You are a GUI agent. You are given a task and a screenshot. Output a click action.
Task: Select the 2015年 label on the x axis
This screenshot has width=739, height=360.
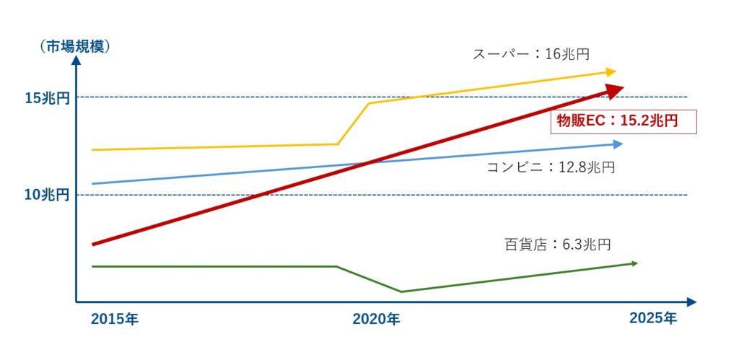pyautogui.click(x=115, y=319)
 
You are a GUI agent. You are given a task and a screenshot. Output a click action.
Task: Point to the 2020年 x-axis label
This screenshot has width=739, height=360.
pyautogui.click(x=376, y=319)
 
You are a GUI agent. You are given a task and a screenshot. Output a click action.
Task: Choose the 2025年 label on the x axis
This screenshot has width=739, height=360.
pyautogui.click(x=653, y=318)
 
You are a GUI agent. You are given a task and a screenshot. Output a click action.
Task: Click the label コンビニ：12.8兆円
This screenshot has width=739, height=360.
pyautogui.click(x=551, y=167)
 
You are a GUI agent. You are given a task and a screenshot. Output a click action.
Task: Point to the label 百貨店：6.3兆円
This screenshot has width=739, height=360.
pyautogui.click(x=557, y=245)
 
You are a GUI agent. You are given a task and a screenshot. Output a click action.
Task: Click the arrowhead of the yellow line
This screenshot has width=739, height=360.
pyautogui.click(x=611, y=71)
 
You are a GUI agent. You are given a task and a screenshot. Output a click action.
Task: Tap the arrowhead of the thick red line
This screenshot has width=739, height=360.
pyautogui.click(x=616, y=89)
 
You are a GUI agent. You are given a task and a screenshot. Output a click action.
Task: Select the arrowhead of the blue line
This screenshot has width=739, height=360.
pyautogui.click(x=617, y=144)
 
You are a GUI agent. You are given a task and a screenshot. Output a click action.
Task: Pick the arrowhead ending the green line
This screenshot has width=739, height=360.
pyautogui.click(x=634, y=263)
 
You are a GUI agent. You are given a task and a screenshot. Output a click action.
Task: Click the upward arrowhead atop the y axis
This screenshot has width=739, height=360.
pyautogui.click(x=76, y=60)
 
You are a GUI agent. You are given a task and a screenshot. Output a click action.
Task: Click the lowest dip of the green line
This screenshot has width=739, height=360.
pyautogui.click(x=401, y=291)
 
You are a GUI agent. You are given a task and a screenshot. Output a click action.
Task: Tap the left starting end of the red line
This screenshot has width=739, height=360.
pyautogui.click(x=93, y=245)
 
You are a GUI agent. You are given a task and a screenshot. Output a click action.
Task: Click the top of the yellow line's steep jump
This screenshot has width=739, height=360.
pyautogui.click(x=369, y=103)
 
